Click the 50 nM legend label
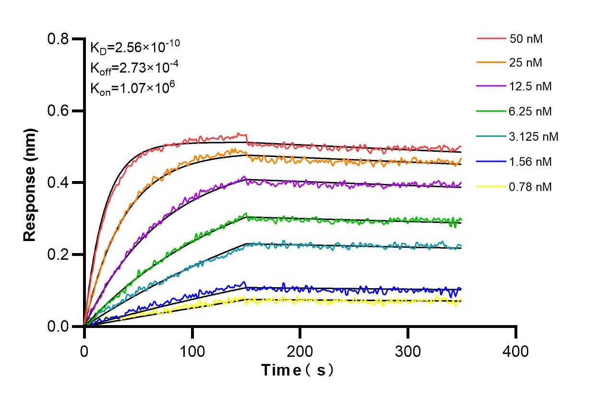coord(526,38)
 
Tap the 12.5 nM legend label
coord(530,87)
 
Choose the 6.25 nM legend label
coord(530,111)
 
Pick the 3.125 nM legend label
coord(534,137)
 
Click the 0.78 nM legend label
coord(530,187)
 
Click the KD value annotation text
coord(135,47)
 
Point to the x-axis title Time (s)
coord(297,370)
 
